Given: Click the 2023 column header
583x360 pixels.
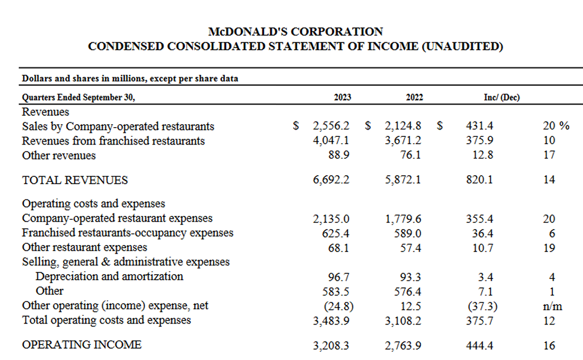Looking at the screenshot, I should (x=342, y=98).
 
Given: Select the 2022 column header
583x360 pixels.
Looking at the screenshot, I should (x=414, y=98).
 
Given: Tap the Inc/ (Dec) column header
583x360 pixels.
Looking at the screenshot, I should (x=502, y=98).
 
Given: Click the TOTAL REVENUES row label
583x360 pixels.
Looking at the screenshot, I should (x=75, y=180).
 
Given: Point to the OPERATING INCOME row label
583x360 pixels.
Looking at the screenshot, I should (x=82, y=345).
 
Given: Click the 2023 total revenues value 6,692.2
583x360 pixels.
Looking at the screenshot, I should (x=331, y=180).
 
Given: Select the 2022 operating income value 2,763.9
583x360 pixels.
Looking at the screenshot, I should (x=403, y=345).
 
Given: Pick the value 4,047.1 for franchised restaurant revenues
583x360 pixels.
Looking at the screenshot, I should (x=331, y=141).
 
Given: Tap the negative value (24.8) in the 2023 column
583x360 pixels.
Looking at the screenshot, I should (x=338, y=306).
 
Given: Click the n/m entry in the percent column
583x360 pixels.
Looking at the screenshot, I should (x=549, y=306).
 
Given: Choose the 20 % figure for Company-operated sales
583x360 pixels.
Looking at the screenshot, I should (x=556, y=126).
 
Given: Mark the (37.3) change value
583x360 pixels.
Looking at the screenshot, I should (x=482, y=306).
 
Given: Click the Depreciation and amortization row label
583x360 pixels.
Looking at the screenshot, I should (x=110, y=277).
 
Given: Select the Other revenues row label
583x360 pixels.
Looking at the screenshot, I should (x=59, y=155).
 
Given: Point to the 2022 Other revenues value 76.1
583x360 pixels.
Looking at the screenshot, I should (x=410, y=155).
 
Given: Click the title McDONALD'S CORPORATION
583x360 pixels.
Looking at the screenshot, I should (x=295, y=32).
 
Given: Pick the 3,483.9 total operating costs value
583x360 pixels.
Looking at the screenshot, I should (x=331, y=320).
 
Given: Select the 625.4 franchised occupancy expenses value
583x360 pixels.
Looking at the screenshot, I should (x=336, y=233).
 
